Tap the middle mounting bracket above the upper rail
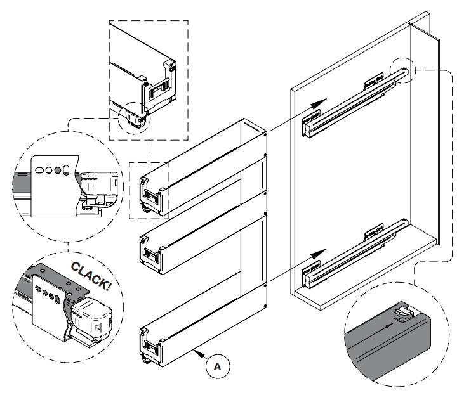point(373,81)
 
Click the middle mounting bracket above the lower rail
point(373,233)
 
